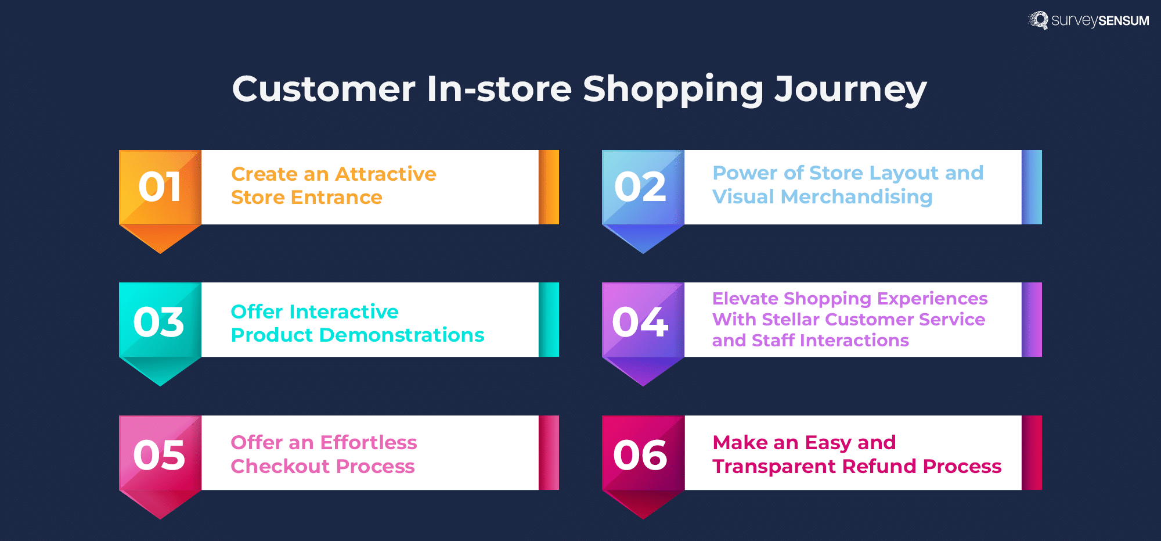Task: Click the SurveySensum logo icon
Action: [1039, 20]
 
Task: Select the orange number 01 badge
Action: [160, 187]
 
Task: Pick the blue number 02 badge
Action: [643, 187]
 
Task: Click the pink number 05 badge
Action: [160, 454]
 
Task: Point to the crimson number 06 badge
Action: [643, 454]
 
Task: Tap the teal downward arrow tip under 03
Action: [160, 378]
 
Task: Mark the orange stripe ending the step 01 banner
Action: [549, 187]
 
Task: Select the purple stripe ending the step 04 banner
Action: [1032, 320]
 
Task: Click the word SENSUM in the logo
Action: [1123, 21]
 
